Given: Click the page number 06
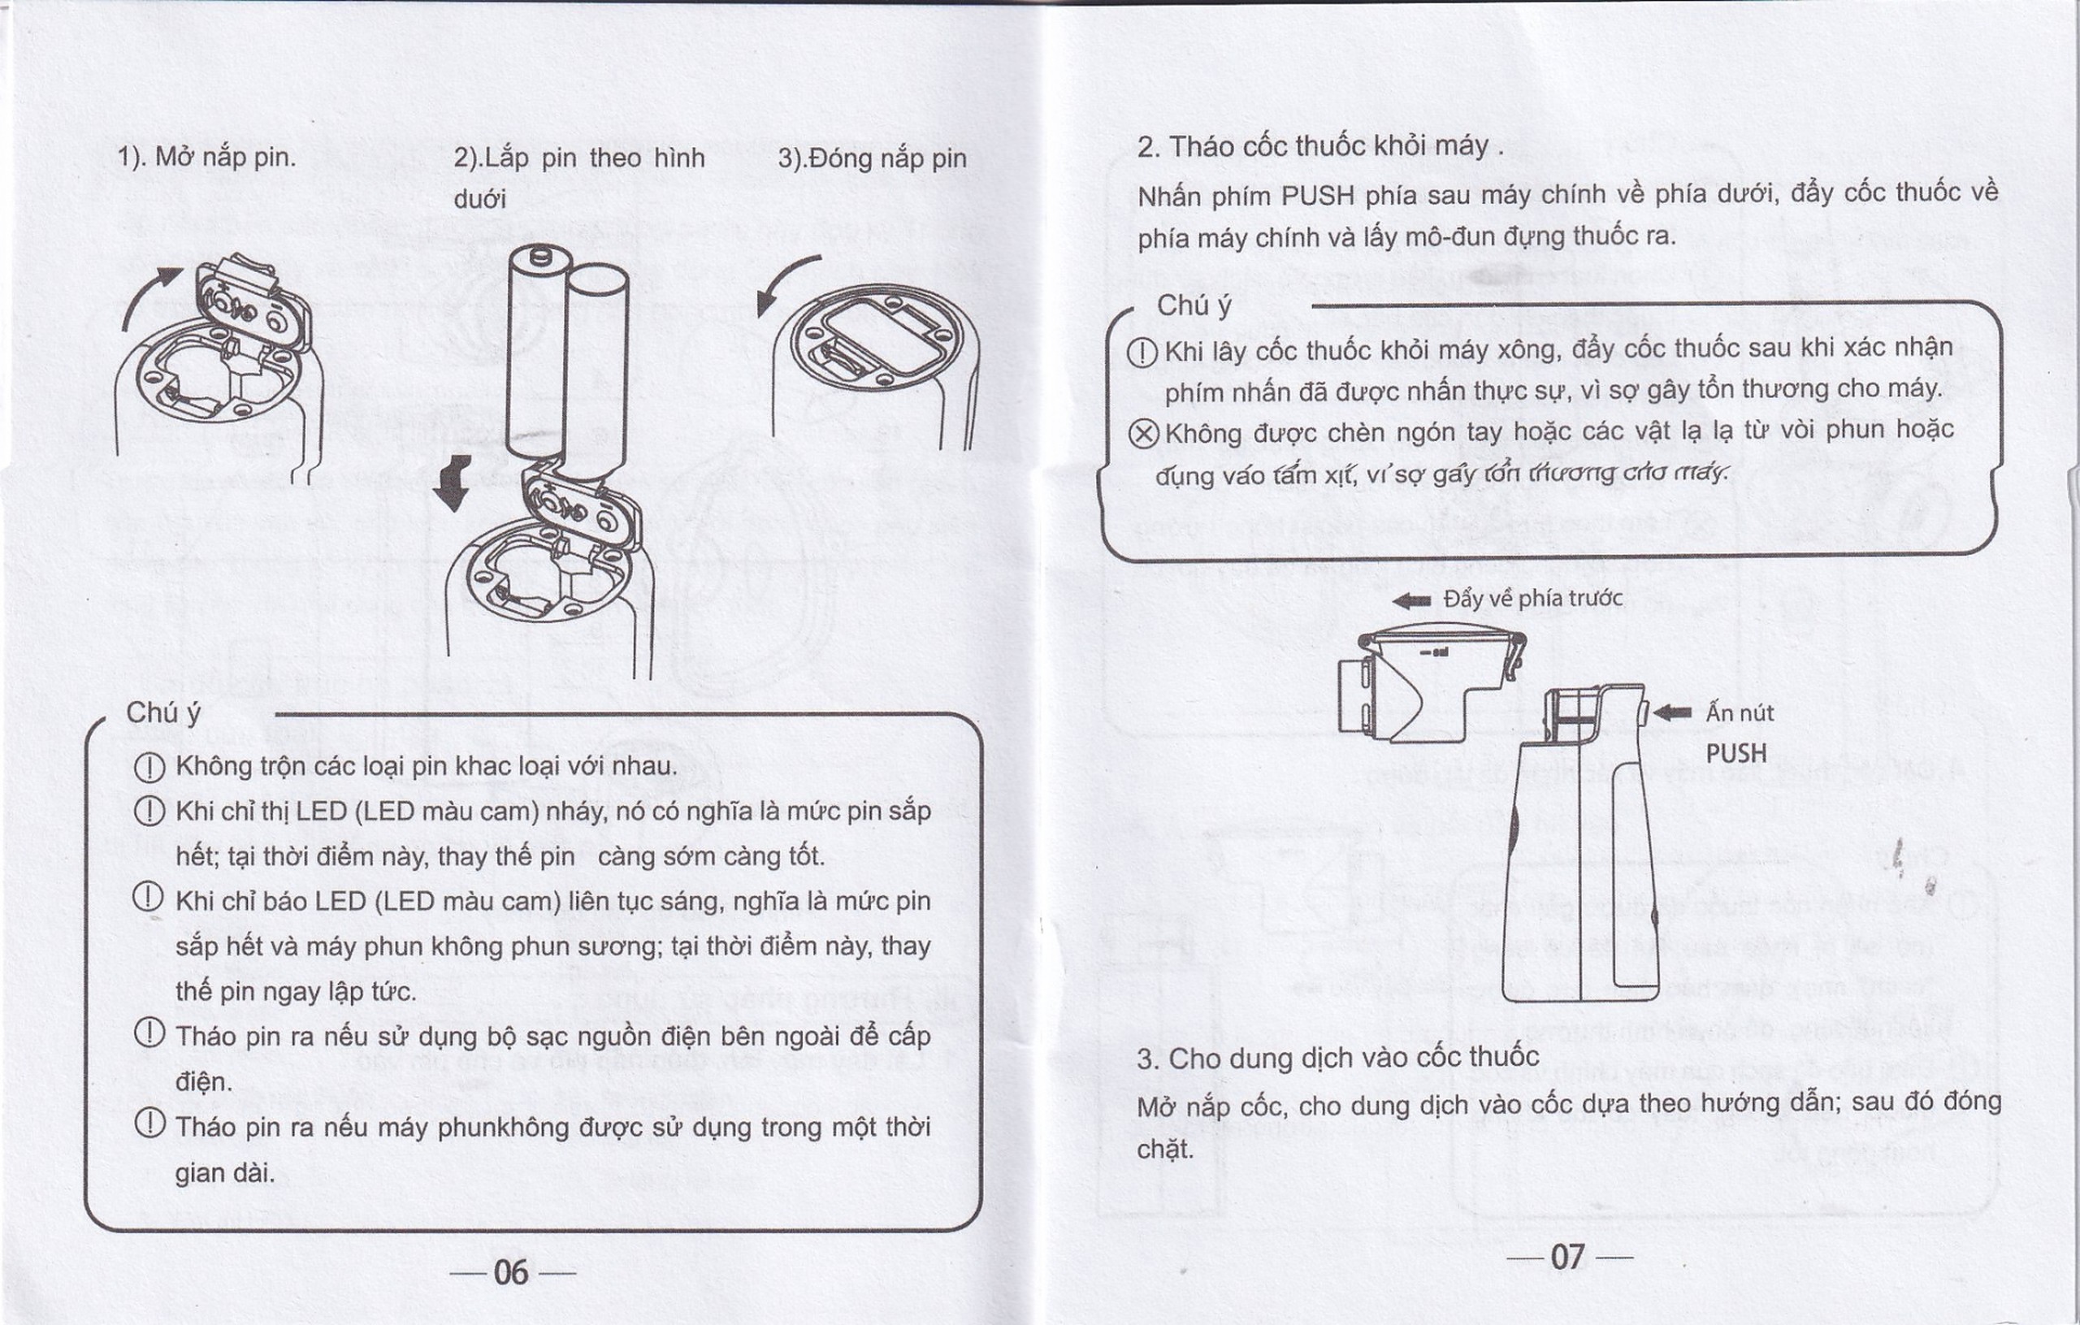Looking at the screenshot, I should point(510,1272).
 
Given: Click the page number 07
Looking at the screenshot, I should point(1568,1258).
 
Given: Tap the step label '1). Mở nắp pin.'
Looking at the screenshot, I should point(206,158).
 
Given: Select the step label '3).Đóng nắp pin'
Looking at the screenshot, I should point(872,159).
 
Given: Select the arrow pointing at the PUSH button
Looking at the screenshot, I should point(1672,712).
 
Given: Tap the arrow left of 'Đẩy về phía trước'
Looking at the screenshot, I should point(1412,601).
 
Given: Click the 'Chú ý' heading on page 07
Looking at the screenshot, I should point(1194,305).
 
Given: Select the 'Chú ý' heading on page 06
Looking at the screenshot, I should point(163,712).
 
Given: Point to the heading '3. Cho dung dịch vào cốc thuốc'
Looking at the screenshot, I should point(1337,1058).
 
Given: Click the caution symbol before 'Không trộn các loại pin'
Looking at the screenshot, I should point(149,767).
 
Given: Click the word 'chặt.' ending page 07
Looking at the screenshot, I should point(1165,1150).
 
